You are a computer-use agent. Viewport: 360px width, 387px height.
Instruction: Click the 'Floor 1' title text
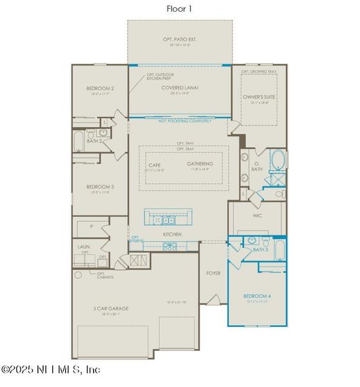[180, 8]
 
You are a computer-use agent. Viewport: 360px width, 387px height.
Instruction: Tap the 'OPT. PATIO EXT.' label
[179, 40]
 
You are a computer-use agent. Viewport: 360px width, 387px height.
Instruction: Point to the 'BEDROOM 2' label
[100, 88]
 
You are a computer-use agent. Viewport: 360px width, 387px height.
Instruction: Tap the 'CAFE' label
[155, 164]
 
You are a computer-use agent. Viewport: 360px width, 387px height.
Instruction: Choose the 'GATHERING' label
[200, 164]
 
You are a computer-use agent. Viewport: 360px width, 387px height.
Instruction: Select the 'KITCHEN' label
[172, 233]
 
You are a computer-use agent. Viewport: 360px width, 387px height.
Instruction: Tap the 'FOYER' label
[213, 273]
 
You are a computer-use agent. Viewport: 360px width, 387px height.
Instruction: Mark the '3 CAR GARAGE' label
[111, 308]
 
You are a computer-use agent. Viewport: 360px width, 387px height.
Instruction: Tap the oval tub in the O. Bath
[277, 159]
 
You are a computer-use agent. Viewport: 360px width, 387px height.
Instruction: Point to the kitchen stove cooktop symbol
[171, 245]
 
